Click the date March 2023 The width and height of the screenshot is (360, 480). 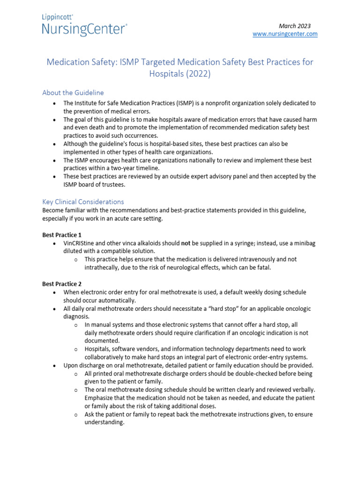[x=295, y=26]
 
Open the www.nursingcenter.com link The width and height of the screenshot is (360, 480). [x=285, y=34]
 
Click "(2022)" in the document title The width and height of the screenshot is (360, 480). [x=198, y=74]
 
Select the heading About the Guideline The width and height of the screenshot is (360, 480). [x=73, y=92]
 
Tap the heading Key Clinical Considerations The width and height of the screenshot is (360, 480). [x=83, y=202]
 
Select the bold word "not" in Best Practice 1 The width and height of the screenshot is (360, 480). [x=187, y=244]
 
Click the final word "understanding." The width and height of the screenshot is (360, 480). [x=105, y=422]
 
